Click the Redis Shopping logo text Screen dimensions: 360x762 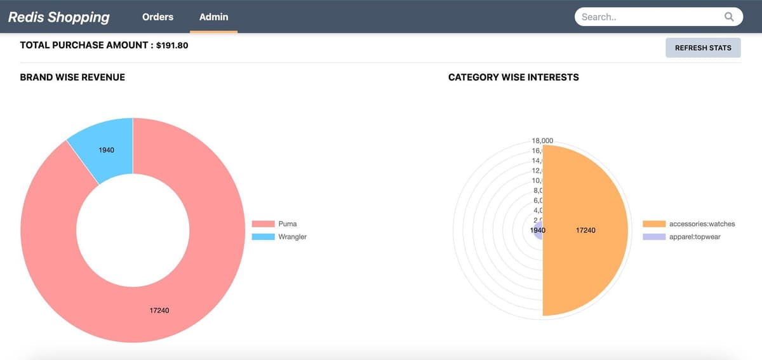58,17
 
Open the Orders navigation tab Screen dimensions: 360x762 157,17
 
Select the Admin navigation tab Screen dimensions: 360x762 213,17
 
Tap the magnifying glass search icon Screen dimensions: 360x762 729,17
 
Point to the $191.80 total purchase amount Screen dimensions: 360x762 172,46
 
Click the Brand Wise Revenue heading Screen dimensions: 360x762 72,77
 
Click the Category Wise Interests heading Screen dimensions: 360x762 513,77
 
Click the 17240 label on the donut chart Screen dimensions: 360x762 159,310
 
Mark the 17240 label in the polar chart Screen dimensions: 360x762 585,230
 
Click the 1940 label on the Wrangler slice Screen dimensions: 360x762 107,150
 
